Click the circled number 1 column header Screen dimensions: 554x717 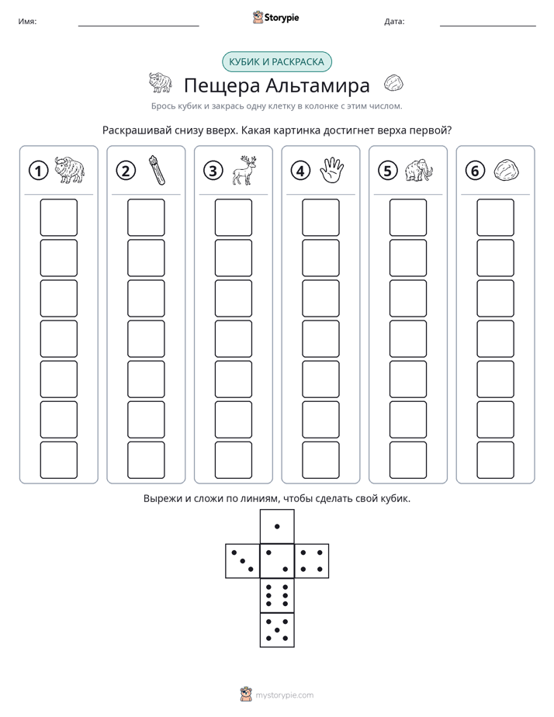click(x=38, y=171)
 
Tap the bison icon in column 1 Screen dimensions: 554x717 click(x=70, y=170)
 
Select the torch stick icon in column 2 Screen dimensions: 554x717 click(x=156, y=170)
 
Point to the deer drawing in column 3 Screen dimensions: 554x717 click(x=244, y=170)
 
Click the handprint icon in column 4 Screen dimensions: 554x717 click(x=331, y=170)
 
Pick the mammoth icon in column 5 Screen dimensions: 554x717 click(x=419, y=171)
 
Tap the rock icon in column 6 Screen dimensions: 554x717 click(x=506, y=170)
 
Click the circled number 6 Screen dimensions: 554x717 click(x=475, y=171)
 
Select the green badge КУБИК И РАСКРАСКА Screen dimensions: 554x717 click(x=276, y=62)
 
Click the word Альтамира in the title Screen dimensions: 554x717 click(x=317, y=85)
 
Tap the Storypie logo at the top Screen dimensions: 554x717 click(x=275, y=17)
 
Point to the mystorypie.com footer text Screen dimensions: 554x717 click(x=284, y=695)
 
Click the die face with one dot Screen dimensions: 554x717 click(x=277, y=526)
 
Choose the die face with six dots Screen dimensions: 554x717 click(x=277, y=595)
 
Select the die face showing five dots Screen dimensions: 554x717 click(x=277, y=629)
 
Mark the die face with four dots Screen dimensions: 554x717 click(x=312, y=561)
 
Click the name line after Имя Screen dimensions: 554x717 click(x=138, y=26)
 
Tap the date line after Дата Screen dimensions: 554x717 click(x=488, y=26)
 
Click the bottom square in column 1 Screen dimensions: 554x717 click(x=58, y=459)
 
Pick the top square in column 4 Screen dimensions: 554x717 click(x=320, y=217)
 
